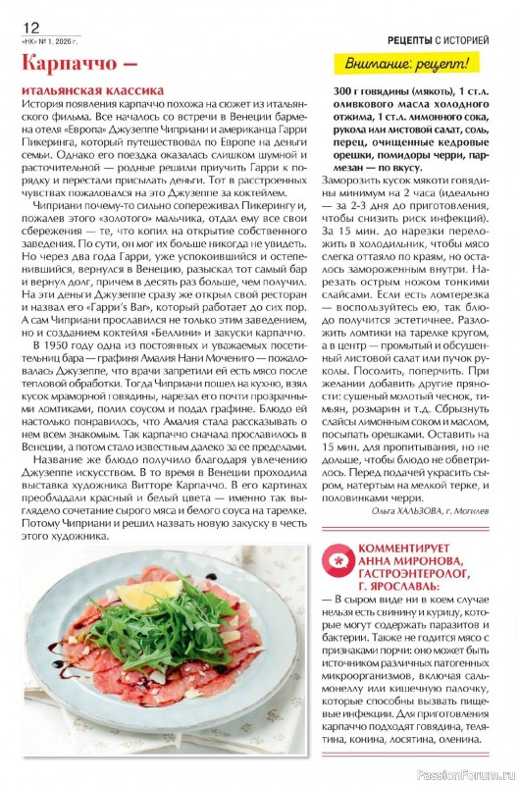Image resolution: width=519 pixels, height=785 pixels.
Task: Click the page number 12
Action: click(30, 27)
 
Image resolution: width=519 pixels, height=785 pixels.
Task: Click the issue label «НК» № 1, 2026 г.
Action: click(48, 41)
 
